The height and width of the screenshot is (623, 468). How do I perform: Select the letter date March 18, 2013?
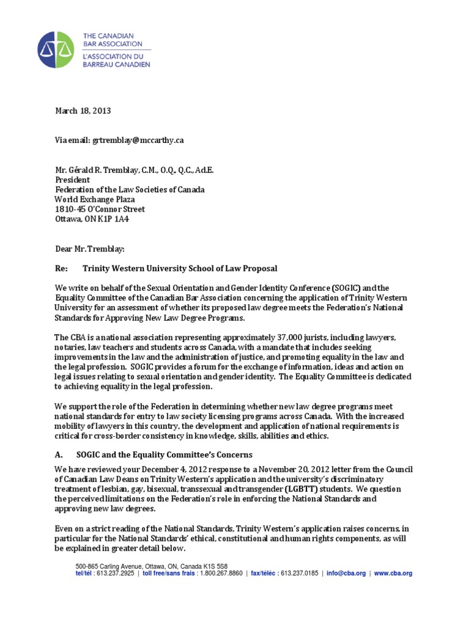pos(83,111)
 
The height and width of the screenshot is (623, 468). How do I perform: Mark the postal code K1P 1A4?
pos(129,218)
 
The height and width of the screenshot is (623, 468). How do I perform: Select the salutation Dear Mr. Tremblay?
pos(85,248)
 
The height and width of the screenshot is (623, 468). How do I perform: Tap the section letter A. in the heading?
pos(59,455)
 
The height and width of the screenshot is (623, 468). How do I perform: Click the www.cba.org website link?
pos(393,573)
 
